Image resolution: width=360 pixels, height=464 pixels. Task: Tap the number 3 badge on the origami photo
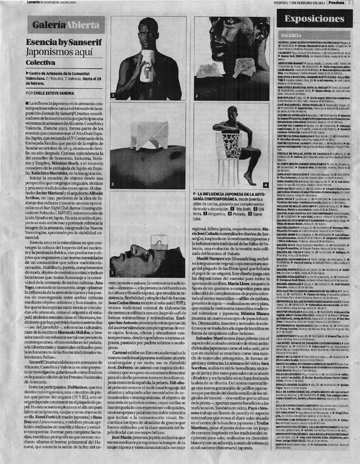coord(113,182)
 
